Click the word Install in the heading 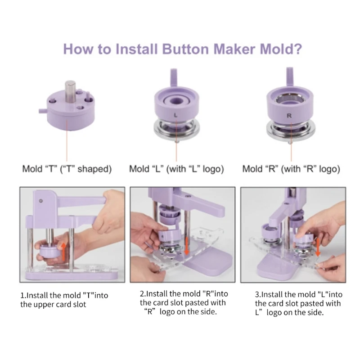tap(137, 49)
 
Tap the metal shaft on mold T tap(70, 91)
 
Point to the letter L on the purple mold tap(175, 115)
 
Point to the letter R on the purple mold tap(289, 116)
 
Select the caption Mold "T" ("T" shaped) tap(67, 169)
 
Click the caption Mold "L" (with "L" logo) tap(176, 169)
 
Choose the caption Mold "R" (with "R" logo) tap(291, 169)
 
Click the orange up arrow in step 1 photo tap(63, 252)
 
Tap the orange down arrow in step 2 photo tap(187, 246)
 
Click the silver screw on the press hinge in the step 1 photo tap(41, 201)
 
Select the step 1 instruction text tap(64, 300)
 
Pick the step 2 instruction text tap(184, 302)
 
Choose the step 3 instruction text tap(298, 303)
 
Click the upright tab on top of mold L tap(174, 77)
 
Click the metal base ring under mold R tap(291, 131)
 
